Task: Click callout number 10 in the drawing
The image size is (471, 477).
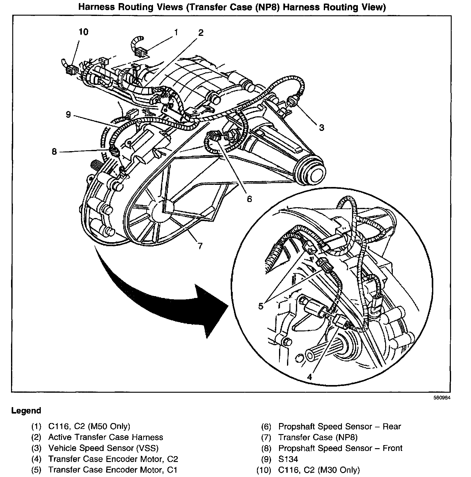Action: click(83, 32)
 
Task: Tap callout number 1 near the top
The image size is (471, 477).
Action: click(176, 32)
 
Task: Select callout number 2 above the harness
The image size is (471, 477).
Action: click(201, 33)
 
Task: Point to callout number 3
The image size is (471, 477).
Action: click(321, 127)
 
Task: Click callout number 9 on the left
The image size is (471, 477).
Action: click(68, 115)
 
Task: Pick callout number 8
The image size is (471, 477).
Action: click(54, 152)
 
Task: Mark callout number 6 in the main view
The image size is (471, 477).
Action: click(249, 199)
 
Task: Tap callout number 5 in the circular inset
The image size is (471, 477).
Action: click(261, 306)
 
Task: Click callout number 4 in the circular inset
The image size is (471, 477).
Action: click(309, 377)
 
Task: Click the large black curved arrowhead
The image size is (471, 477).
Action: click(212, 310)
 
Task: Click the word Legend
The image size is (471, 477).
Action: click(26, 411)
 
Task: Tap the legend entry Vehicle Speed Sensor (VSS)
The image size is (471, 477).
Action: click(103, 448)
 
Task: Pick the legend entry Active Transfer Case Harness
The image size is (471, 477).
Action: click(105, 437)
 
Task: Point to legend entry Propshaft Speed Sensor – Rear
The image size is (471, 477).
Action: click(339, 427)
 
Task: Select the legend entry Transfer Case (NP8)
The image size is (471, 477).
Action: click(318, 437)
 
